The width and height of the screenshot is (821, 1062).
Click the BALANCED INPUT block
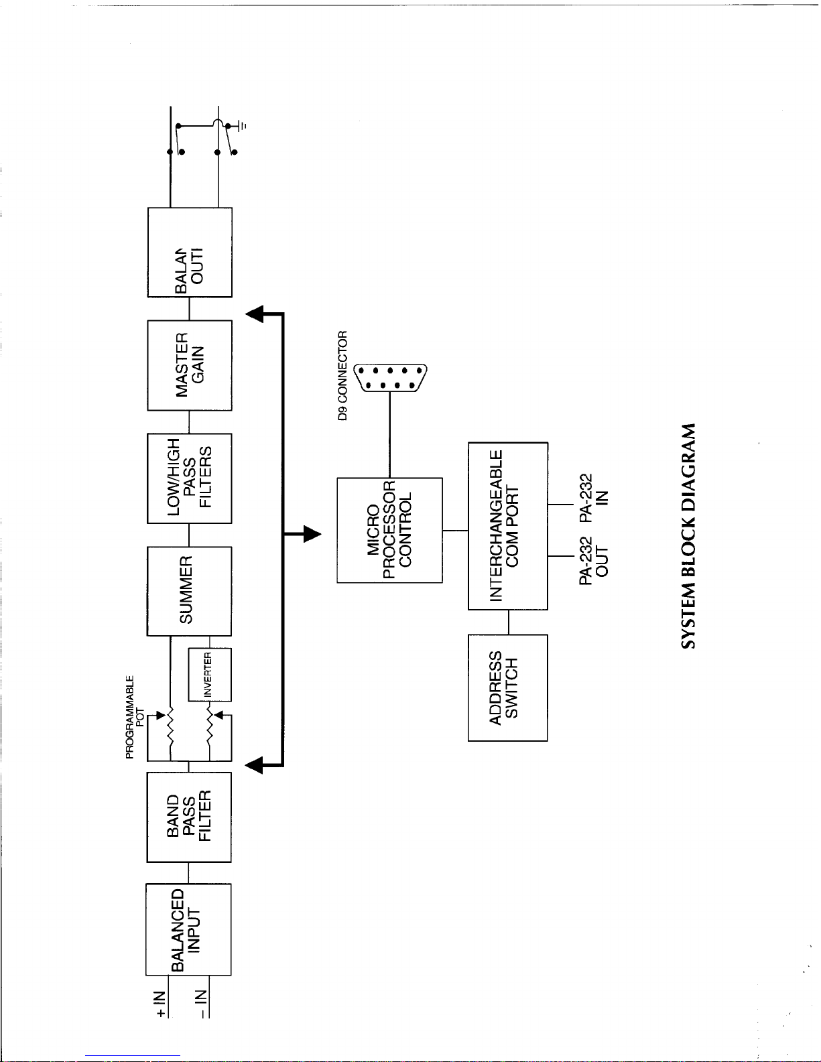(x=188, y=929)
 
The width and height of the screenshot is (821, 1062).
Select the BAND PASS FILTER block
(x=188, y=817)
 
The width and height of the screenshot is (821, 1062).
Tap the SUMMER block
(x=188, y=590)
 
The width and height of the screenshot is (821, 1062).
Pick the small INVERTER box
(x=210, y=674)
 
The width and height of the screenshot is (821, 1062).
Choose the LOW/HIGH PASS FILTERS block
(x=189, y=478)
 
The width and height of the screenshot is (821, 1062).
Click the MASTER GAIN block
(x=189, y=365)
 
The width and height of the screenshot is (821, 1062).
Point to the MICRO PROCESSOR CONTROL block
(x=389, y=529)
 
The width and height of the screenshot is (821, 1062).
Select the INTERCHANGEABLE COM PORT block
(x=507, y=525)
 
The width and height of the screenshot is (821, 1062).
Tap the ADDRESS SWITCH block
(x=507, y=687)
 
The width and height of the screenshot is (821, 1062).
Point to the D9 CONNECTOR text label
(x=343, y=375)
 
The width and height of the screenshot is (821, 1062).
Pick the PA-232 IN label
(x=594, y=497)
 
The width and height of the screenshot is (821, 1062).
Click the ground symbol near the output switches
(x=243, y=125)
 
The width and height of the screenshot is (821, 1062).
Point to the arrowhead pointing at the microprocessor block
(x=310, y=534)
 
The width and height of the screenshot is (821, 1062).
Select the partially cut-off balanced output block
(x=189, y=252)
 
